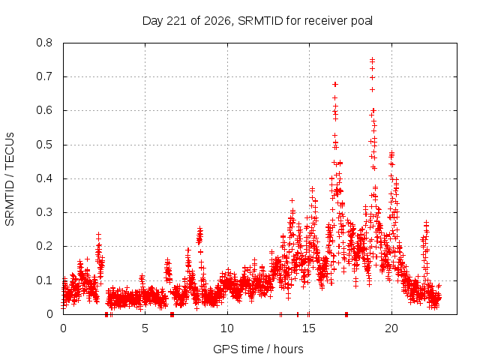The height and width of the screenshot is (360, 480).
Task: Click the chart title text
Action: coord(257,21)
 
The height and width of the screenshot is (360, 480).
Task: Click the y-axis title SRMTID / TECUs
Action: coord(10,179)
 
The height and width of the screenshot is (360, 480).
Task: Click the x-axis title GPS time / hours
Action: coord(258,349)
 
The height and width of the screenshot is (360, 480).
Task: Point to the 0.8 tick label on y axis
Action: coord(44,43)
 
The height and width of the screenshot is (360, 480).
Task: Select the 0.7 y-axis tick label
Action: coord(44,76)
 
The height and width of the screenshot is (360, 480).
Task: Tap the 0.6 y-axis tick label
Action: coord(44,110)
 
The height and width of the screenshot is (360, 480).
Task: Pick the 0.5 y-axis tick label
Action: coord(44,145)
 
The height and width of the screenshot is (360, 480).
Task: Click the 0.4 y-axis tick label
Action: coord(44,178)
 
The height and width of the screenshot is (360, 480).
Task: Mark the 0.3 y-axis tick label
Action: coord(44,212)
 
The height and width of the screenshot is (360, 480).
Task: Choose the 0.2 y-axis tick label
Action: coord(44,246)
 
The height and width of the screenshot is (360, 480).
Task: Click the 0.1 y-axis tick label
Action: coord(44,280)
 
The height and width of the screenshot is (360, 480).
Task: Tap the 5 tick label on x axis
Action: coord(145,328)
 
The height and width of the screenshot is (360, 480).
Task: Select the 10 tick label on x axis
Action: coord(227,328)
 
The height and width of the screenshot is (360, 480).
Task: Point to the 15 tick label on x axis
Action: coord(309,328)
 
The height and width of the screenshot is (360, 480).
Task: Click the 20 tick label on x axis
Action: coord(391,328)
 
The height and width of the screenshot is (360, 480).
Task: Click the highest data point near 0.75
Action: coord(372,59)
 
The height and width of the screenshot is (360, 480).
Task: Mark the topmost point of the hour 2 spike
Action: coord(98,235)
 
